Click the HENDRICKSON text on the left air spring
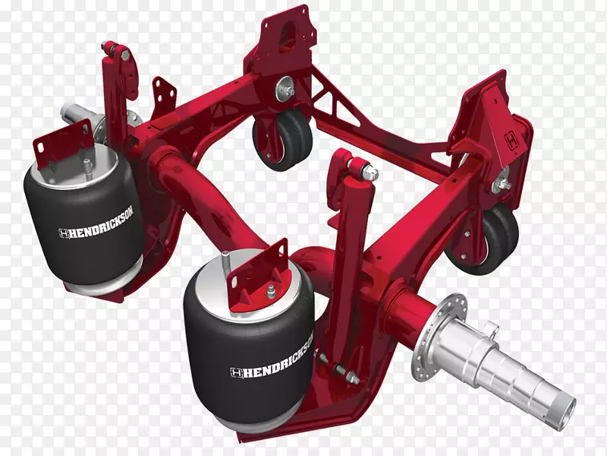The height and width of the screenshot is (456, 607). (96, 222)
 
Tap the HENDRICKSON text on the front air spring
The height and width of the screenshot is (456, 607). (272, 356)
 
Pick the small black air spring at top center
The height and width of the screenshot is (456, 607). (282, 140)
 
